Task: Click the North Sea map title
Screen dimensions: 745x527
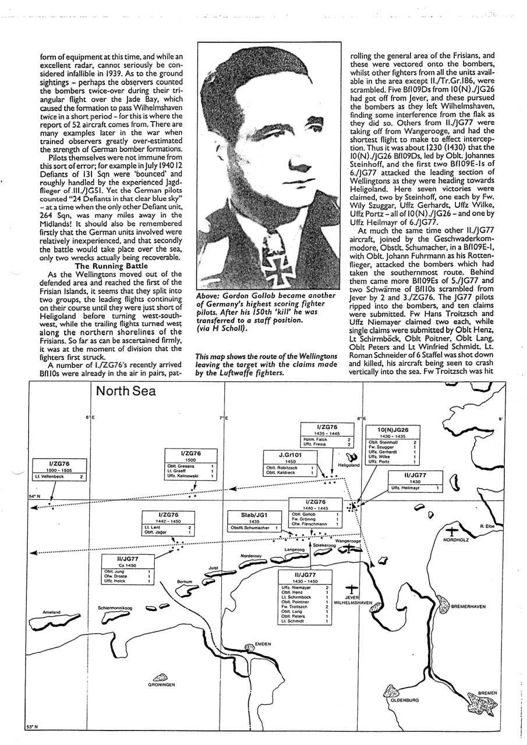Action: (126, 391)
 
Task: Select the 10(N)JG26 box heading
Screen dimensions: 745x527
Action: (392, 430)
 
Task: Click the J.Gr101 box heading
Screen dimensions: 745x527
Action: (289, 455)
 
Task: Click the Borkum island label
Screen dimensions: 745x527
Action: (185, 581)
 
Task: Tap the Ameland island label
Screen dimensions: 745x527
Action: (52, 612)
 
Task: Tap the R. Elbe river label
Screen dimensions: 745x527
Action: (487, 526)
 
